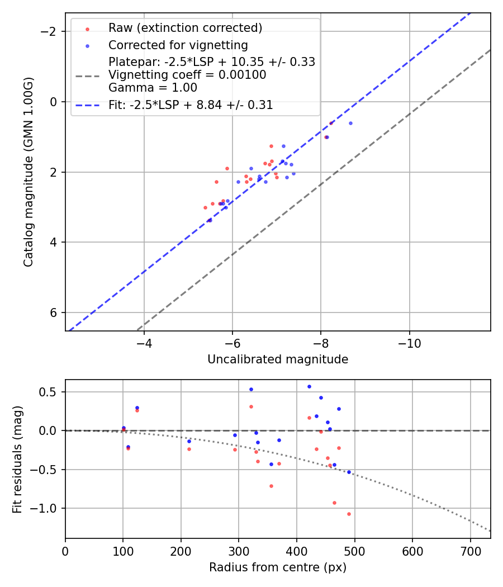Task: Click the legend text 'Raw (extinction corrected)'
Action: (x=185, y=28)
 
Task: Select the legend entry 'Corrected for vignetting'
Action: (x=178, y=45)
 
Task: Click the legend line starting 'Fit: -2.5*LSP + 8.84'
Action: (x=191, y=105)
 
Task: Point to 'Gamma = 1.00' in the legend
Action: (x=153, y=87)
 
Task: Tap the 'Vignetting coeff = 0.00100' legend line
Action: (x=187, y=75)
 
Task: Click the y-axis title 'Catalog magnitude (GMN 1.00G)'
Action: (x=29, y=172)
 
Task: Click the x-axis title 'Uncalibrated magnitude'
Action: (x=278, y=359)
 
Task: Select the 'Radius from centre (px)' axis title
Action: (x=278, y=567)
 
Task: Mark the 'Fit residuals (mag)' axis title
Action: (x=17, y=459)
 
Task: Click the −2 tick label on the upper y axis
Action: (x=50, y=31)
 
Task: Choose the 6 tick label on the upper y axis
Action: (x=54, y=313)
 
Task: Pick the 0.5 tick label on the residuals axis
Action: (x=50, y=392)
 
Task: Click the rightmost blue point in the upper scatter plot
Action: (x=350, y=123)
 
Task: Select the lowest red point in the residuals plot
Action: (x=349, y=514)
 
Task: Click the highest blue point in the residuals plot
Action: (x=309, y=386)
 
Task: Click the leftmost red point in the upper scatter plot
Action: (x=205, y=207)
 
